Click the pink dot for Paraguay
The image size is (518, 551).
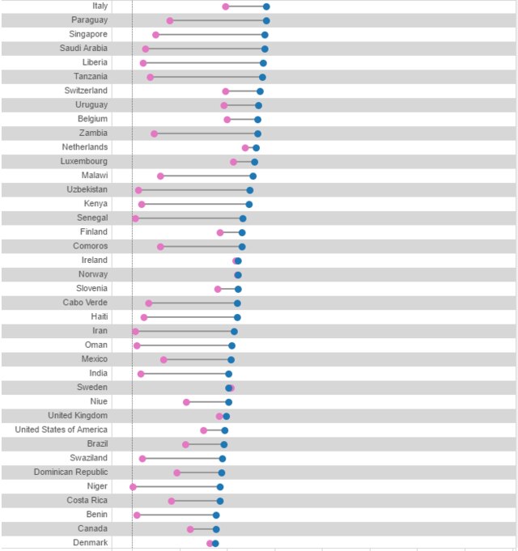(x=170, y=20)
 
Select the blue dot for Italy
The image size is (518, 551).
(x=266, y=6)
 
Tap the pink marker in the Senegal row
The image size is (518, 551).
(x=135, y=218)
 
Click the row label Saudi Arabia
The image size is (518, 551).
(x=83, y=49)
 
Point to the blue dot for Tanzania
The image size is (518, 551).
(x=262, y=77)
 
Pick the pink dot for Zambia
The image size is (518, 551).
(x=155, y=134)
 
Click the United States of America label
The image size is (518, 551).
(x=61, y=430)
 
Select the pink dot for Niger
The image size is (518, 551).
(x=133, y=487)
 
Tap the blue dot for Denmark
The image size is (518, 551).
(x=215, y=543)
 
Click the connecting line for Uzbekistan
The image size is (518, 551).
(x=194, y=190)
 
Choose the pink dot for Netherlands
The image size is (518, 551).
(x=245, y=148)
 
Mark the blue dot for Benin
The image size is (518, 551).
(x=216, y=515)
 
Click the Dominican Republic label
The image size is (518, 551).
(x=70, y=473)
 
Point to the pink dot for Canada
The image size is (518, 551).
(x=191, y=529)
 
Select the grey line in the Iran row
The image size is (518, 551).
(x=185, y=332)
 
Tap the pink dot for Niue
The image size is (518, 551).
(x=186, y=402)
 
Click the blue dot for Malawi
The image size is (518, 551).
(x=253, y=176)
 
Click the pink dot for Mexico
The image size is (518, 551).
(x=163, y=359)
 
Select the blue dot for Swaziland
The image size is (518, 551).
(x=223, y=459)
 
